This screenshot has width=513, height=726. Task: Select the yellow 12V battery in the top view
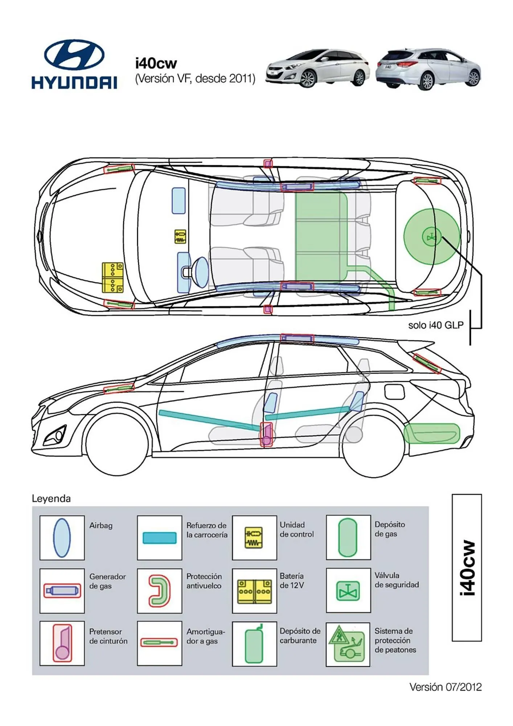click(112, 278)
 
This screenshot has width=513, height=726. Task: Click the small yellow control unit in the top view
click(180, 236)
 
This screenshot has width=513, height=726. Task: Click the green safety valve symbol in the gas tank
click(431, 237)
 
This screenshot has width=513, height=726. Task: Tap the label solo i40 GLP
click(436, 325)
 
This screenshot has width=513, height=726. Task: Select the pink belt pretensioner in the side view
click(267, 435)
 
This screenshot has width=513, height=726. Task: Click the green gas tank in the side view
click(432, 433)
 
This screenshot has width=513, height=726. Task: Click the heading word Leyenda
click(51, 499)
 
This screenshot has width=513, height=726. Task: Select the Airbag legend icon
click(62, 538)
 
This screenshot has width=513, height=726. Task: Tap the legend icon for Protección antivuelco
click(160, 591)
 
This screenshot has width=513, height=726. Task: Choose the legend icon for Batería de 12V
click(254, 591)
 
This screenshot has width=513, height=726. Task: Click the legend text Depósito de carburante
click(300, 636)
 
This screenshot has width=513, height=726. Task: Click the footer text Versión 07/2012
click(445, 687)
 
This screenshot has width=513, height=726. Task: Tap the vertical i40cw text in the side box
click(467, 568)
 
